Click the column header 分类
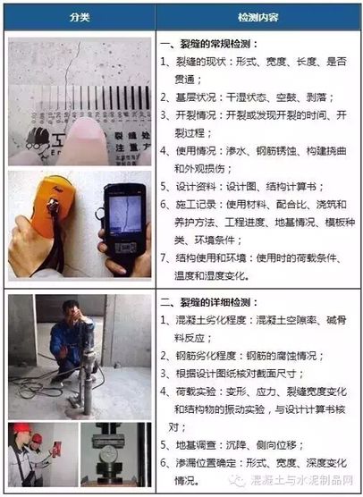point(78,18)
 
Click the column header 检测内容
point(257,18)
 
